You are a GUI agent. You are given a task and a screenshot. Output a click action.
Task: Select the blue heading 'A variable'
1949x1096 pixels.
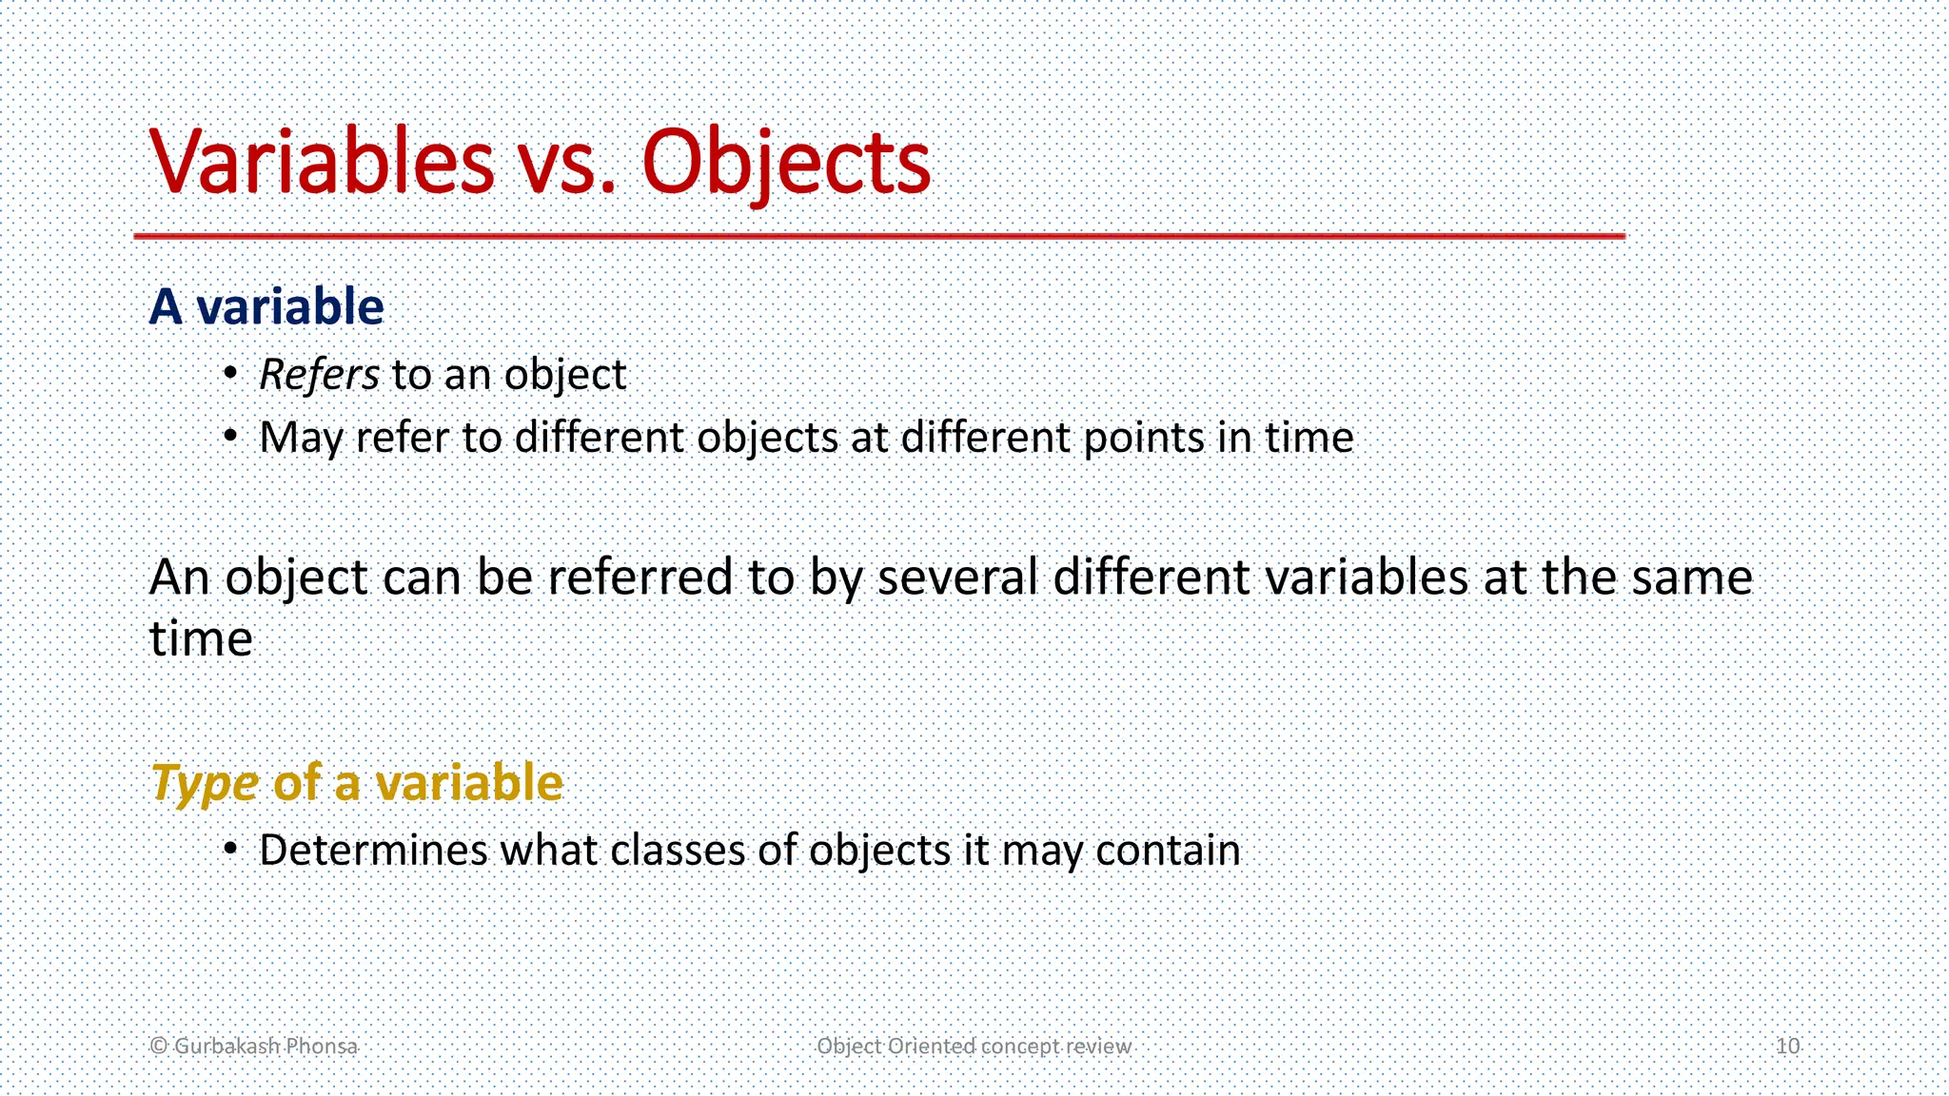coord(266,306)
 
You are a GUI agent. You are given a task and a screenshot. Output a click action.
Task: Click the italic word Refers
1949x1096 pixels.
coord(319,375)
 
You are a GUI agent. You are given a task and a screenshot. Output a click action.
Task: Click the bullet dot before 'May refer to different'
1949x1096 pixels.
coord(229,437)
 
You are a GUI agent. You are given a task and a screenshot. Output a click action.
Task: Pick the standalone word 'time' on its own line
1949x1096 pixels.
coord(201,638)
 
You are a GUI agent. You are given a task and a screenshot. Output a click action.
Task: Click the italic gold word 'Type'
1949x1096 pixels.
coord(205,784)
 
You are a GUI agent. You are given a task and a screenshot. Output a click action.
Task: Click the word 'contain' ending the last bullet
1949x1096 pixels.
coord(1168,850)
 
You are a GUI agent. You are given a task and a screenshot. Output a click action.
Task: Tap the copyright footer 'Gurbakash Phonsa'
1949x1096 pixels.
coord(254,1046)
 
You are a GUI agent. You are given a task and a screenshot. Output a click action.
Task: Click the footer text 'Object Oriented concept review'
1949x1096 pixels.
coord(974,1046)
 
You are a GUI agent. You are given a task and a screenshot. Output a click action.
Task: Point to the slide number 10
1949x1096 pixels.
coord(1787,1046)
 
